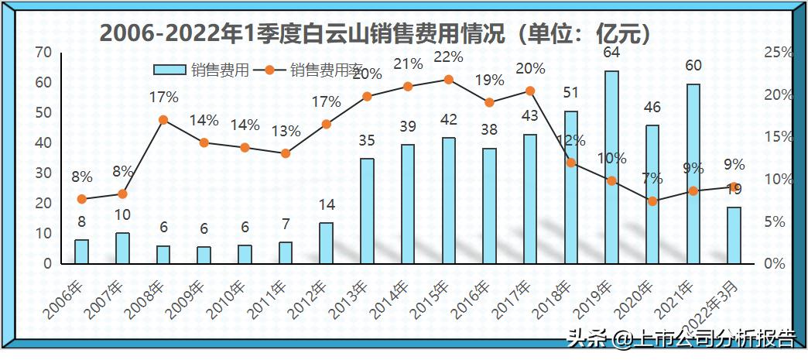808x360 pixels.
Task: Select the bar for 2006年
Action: (81, 252)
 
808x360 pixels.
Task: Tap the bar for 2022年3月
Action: (734, 235)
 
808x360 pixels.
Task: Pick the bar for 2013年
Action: (367, 211)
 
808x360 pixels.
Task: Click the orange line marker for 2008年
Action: (163, 120)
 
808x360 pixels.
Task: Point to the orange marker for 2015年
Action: (448, 79)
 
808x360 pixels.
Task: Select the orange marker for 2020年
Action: (652, 201)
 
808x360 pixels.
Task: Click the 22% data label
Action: (448, 57)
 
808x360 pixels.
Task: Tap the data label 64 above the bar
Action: (611, 53)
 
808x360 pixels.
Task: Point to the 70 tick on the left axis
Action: (44, 53)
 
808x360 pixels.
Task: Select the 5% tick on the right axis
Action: (775, 222)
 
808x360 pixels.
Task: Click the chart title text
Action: (374, 34)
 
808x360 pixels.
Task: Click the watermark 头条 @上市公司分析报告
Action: (681, 338)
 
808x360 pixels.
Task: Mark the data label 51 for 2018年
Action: (571, 93)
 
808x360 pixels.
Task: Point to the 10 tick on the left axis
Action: (44, 234)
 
